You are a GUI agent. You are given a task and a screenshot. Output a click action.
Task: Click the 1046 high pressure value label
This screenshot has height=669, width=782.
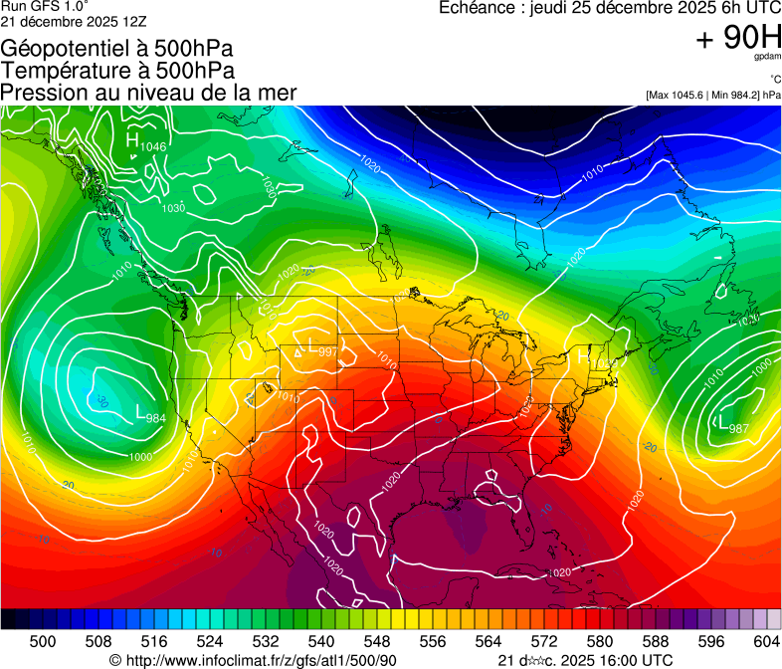153,147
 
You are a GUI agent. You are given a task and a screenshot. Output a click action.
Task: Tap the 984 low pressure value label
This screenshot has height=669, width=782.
156,417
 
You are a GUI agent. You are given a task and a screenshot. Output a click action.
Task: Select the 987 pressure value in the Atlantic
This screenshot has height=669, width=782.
737,428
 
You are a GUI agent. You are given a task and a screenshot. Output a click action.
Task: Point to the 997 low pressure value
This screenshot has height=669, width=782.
327,352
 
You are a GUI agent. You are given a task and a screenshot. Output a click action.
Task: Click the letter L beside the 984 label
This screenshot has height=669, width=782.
140,409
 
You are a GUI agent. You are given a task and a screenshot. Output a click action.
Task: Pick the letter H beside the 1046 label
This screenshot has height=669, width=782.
132,140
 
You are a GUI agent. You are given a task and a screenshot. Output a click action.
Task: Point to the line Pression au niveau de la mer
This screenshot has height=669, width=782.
148,92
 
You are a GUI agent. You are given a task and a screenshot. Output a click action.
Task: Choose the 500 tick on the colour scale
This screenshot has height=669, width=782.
43,641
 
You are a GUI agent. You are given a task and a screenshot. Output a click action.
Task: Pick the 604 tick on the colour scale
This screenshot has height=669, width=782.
766,641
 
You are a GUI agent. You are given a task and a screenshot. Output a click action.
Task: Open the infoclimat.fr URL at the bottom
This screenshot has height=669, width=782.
254,660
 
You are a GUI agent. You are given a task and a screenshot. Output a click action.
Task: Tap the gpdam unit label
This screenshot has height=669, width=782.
766,57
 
